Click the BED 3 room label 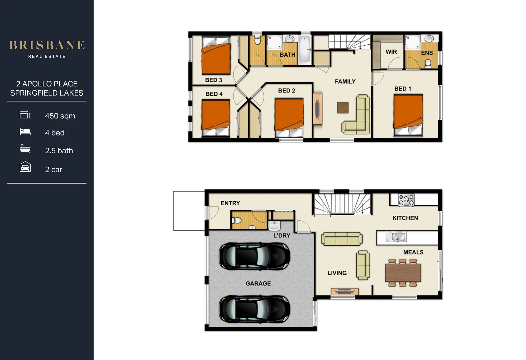[x=213, y=80]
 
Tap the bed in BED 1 [x=408, y=114]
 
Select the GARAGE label [x=258, y=283]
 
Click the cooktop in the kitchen [x=406, y=200]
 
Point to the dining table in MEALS [x=403, y=273]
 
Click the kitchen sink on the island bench [x=396, y=237]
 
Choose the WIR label [x=391, y=52]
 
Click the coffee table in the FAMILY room [x=343, y=108]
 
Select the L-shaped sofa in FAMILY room [x=359, y=117]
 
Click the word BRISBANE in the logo [x=47, y=45]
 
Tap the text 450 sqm [x=60, y=116]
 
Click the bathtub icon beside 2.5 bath [x=25, y=149]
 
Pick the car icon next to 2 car [x=25, y=167]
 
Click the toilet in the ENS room [x=428, y=63]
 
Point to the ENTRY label [x=230, y=203]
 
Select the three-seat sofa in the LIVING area [x=342, y=239]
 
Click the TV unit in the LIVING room [x=345, y=292]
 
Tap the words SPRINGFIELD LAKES [x=47, y=93]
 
